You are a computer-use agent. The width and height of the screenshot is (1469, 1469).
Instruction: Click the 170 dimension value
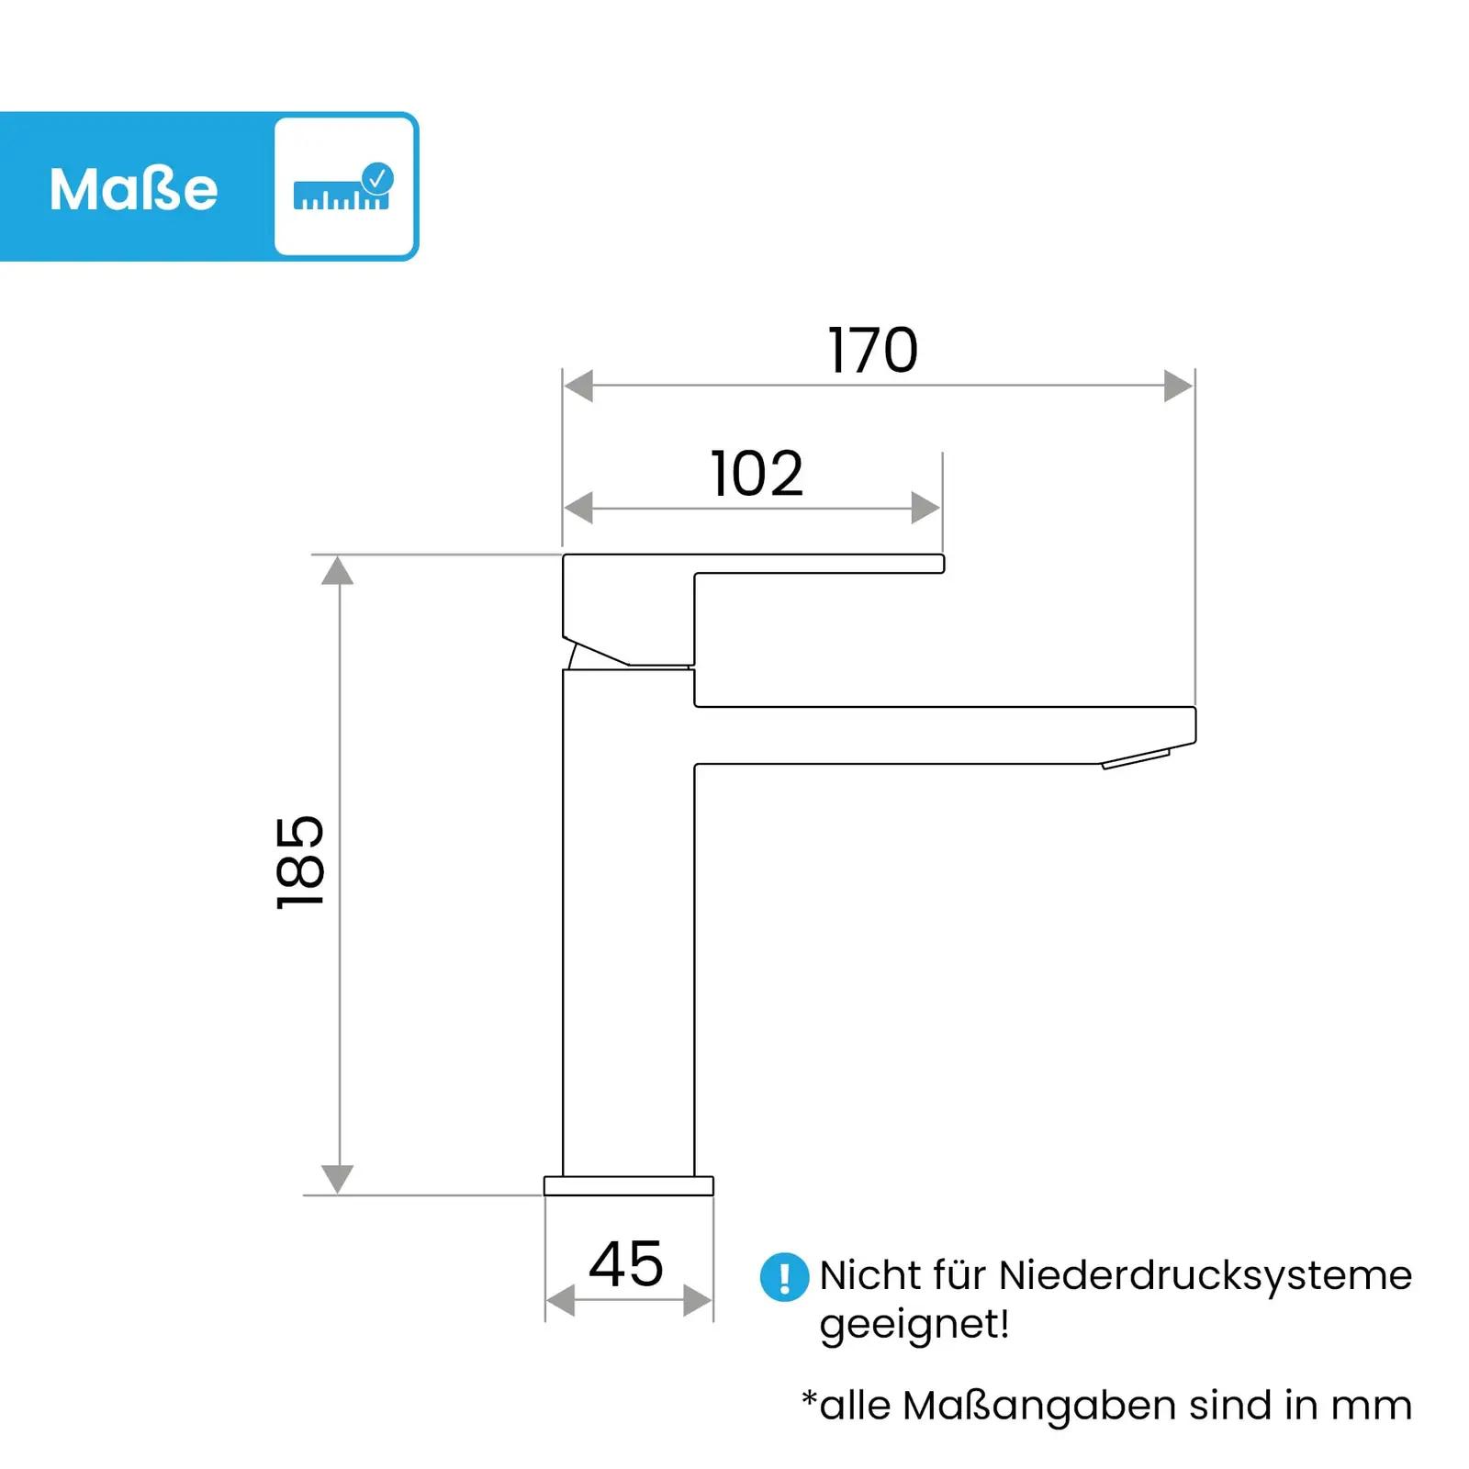(872, 350)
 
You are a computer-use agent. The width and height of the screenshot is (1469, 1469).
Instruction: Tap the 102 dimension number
(757, 474)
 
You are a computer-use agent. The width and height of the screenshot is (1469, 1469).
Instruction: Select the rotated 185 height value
(300, 862)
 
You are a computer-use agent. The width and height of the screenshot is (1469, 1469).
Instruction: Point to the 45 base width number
(626, 1264)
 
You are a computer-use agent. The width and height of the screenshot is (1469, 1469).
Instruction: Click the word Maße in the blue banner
(134, 189)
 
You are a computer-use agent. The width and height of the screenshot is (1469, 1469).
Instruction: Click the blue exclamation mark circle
(784, 1277)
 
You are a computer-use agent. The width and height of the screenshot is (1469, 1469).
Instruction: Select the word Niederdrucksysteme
(1205, 1275)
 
